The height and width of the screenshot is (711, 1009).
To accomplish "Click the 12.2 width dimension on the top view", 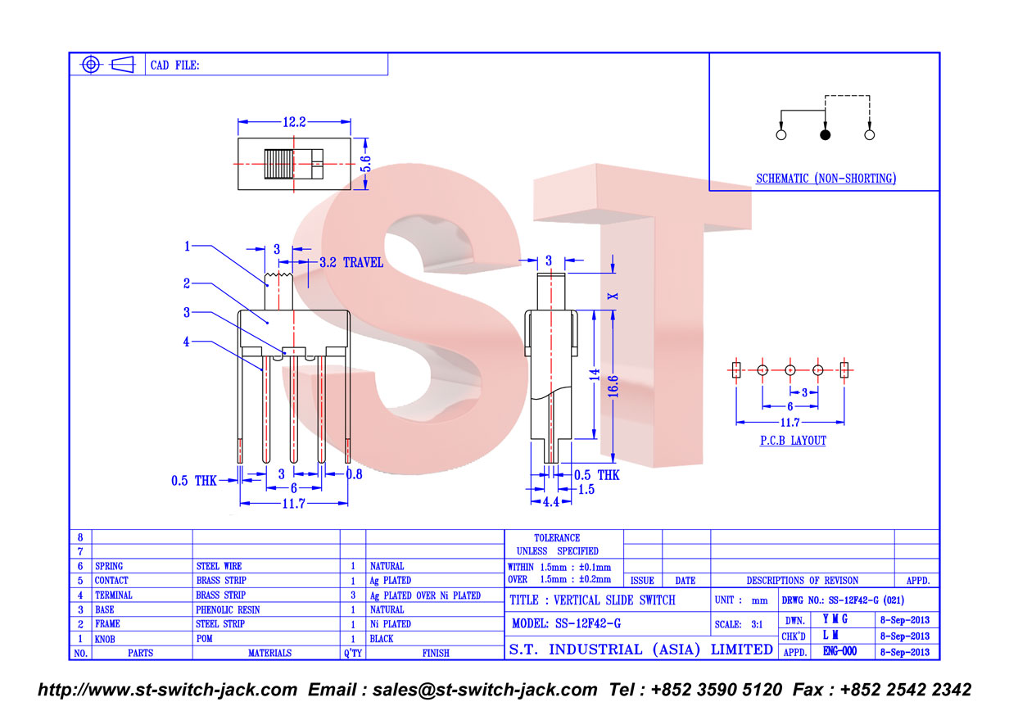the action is tap(294, 122).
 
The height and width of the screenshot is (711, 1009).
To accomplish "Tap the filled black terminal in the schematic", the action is tap(826, 134).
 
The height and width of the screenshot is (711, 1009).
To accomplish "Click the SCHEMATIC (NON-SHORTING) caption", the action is tap(826, 179).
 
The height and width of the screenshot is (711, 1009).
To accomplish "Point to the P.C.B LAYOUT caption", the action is tap(794, 440).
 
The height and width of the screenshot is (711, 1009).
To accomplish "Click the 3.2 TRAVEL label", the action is tap(351, 262).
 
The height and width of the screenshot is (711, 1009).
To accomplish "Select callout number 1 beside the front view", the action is tap(187, 246).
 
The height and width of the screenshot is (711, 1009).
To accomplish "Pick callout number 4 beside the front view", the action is tap(187, 342).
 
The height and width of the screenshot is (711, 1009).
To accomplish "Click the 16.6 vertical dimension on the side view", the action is tap(613, 386).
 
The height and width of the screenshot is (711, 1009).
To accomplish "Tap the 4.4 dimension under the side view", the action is tap(551, 501).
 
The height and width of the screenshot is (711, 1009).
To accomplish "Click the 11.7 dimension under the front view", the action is tap(294, 503).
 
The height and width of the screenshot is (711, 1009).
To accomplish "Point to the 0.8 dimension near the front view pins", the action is tap(354, 474).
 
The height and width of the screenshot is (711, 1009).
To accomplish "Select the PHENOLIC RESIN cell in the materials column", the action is tap(228, 609).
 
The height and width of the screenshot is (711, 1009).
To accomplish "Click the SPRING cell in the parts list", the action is tap(109, 566).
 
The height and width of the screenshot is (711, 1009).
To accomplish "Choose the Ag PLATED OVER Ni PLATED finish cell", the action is tap(425, 596).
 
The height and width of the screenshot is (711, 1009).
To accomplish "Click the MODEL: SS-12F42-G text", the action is tap(566, 623).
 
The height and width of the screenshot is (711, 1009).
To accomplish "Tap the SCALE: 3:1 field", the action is tap(738, 624).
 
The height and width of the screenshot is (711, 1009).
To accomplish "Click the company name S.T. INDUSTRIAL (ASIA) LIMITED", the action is tap(641, 650).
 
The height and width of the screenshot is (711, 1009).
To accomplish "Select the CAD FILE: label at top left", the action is tap(174, 66).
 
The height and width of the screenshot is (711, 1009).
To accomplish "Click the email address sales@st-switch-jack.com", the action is tap(485, 690).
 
